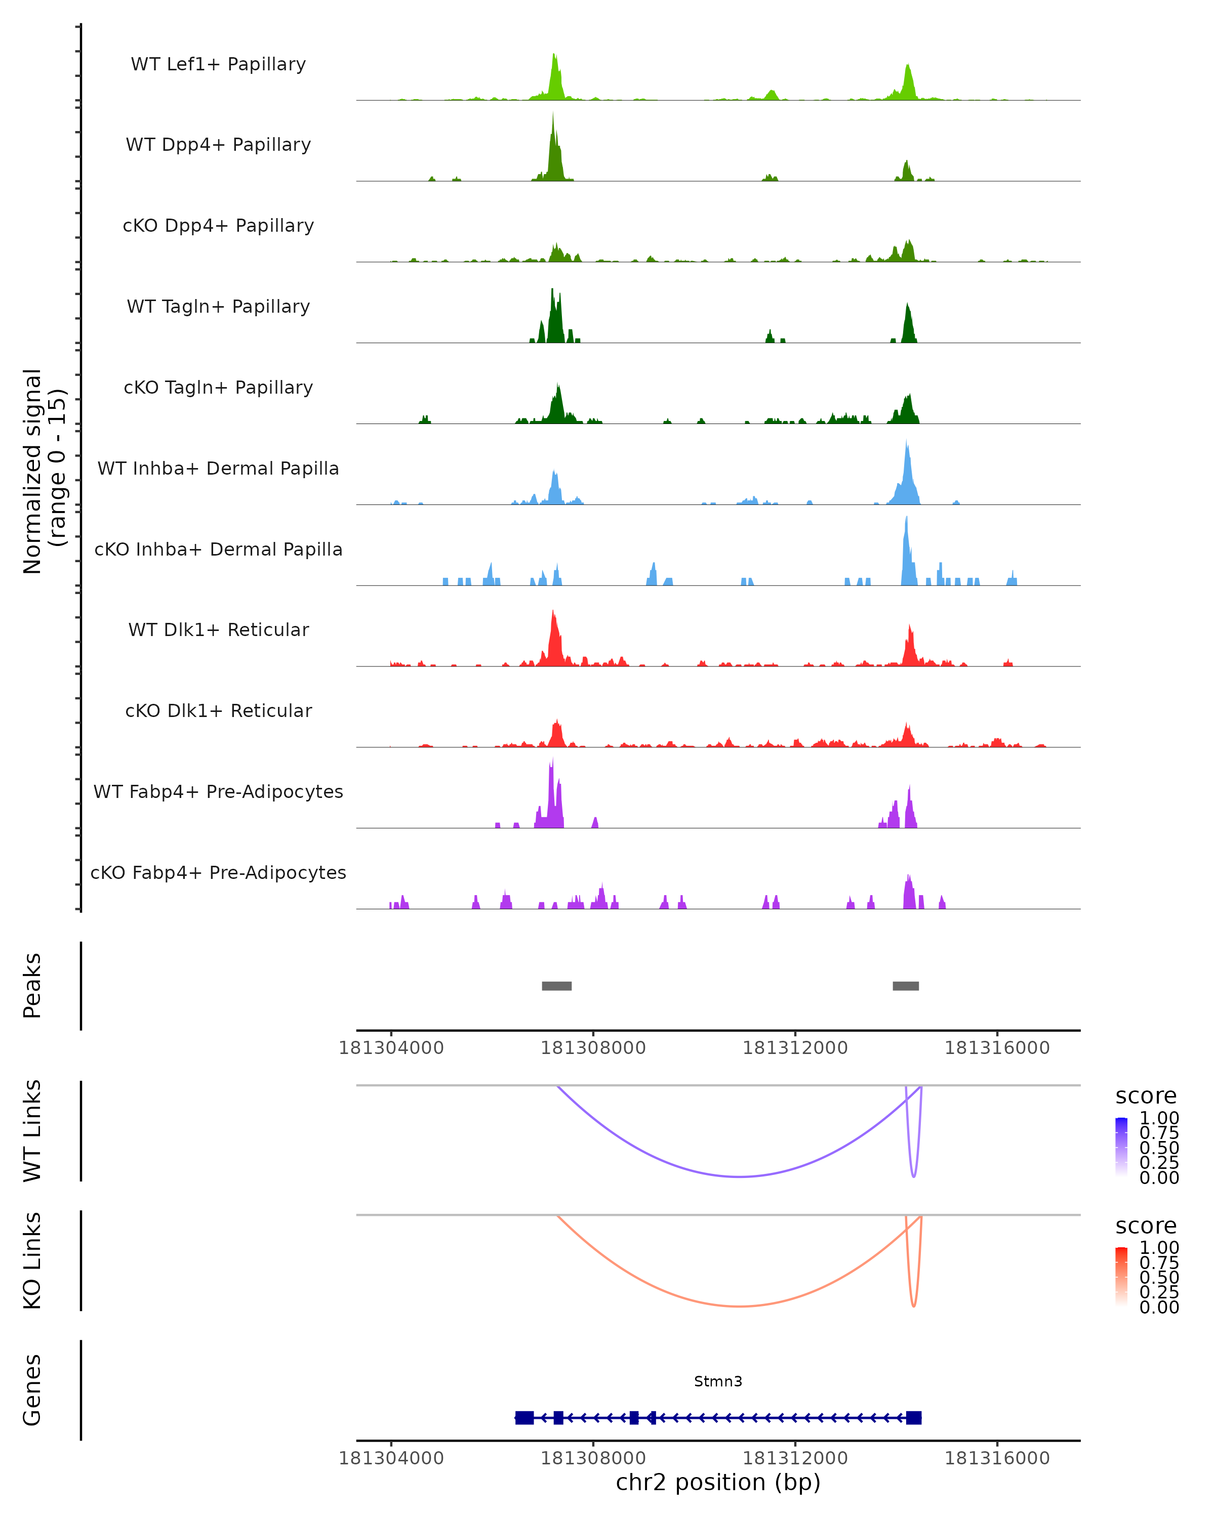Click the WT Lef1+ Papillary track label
tap(218, 64)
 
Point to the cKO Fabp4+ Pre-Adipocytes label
tap(218, 872)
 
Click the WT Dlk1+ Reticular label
tap(218, 629)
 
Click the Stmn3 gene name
tap(718, 1381)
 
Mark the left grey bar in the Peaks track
tap(556, 986)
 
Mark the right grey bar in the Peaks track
tap(905, 986)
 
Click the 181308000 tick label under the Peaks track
tap(593, 1048)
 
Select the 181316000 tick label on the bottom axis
tap(997, 1458)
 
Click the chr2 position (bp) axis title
tap(718, 1482)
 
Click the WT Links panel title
tap(32, 1131)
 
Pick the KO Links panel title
tap(32, 1260)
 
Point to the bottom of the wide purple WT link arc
tap(739, 1176)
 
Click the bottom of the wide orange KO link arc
tap(739, 1306)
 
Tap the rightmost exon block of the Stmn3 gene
tap(914, 1418)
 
